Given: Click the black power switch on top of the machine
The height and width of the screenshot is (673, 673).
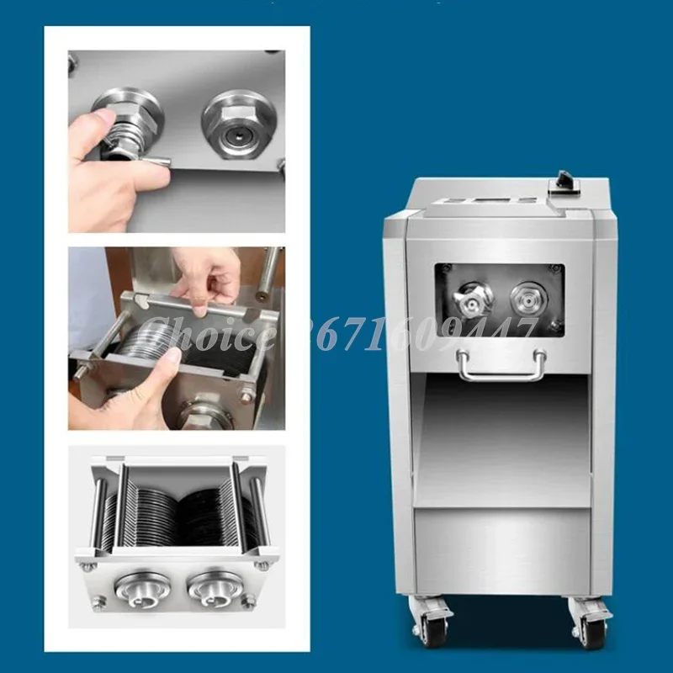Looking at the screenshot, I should click(559, 180).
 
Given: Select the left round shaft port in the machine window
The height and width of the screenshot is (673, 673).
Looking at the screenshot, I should click(473, 299).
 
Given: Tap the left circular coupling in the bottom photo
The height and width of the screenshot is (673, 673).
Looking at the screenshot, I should click(139, 586).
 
